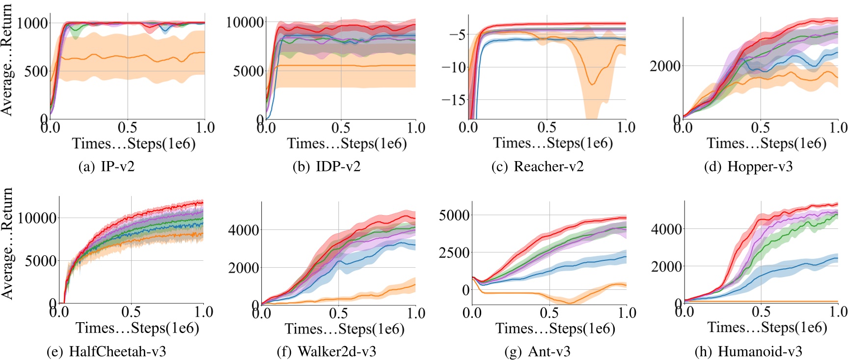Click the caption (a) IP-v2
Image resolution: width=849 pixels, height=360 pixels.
[107, 166]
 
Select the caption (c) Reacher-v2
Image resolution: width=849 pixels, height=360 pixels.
[538, 166]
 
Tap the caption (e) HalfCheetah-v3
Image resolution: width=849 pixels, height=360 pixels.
[106, 352]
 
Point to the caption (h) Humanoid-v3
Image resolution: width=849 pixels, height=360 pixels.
[748, 352]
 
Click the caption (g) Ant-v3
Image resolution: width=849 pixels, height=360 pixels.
[537, 352]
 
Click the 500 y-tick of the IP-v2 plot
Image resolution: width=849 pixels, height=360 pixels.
[36, 71]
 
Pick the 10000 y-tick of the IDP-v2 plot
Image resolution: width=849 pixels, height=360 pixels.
[245, 22]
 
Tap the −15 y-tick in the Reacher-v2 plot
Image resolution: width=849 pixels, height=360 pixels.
[453, 100]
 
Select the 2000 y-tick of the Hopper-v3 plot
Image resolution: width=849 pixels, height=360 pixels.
[665, 66]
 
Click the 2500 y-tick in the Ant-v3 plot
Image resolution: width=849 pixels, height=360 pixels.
[454, 252]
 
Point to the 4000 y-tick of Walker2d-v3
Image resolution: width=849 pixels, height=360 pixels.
[244, 230]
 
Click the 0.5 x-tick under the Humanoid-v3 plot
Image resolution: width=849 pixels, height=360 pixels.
[761, 311]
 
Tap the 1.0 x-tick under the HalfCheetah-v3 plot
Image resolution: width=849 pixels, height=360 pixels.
[203, 311]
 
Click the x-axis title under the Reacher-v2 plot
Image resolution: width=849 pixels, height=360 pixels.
[553, 143]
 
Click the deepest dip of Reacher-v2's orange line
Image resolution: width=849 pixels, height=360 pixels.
[592, 84]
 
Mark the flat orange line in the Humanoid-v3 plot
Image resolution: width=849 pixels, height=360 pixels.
[761, 302]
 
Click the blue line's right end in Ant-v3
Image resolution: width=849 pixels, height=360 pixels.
[626, 256]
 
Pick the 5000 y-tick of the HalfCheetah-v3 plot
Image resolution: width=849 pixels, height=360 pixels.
[40, 261]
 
